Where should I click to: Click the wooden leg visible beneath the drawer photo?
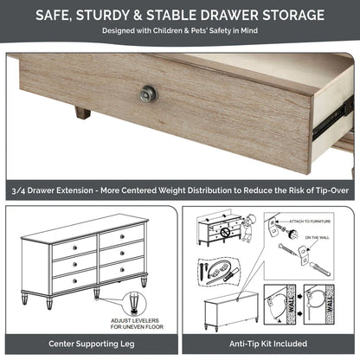tap(82, 112)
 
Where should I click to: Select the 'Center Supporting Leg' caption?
tap(90, 342)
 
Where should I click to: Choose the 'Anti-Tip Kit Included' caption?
tap(269, 342)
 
